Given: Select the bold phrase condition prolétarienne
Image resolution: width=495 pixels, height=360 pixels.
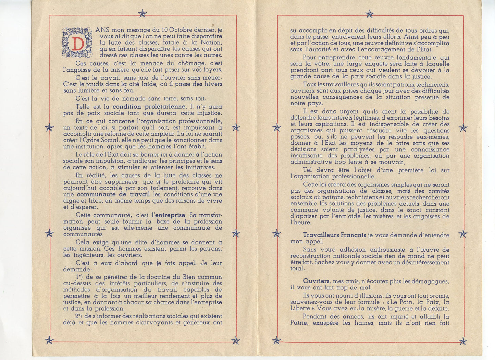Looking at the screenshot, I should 149,107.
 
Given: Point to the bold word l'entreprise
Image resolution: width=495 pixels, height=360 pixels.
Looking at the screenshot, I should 168,215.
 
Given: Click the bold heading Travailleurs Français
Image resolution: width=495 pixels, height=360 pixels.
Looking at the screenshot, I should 334,235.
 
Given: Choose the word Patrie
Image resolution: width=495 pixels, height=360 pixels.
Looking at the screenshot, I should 300,323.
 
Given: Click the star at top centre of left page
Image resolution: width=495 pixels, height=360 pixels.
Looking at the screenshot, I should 142,13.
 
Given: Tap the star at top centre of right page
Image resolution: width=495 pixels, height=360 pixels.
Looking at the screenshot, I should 369,14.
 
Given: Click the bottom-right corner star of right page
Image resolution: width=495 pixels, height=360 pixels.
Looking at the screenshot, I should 463,341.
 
